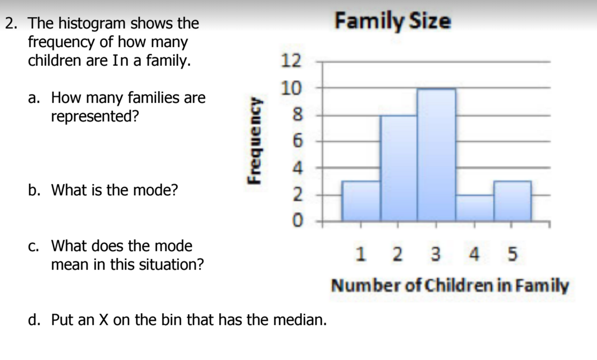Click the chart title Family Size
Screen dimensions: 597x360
coord(393,22)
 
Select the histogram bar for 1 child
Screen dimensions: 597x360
coord(361,201)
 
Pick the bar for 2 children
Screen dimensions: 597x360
coord(399,168)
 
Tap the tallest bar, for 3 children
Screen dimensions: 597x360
coord(436,155)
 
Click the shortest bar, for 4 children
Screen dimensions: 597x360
coord(475,208)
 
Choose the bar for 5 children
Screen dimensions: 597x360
coord(512,201)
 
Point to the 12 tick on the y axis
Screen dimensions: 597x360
coord(291,61)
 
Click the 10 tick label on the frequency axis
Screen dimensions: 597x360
coord(291,88)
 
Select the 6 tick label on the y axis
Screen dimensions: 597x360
coord(298,141)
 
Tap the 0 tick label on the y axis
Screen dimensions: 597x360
coord(298,220)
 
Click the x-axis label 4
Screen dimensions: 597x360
coord(474,254)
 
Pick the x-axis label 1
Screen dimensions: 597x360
coord(361,254)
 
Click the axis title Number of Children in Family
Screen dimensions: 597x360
coord(450,285)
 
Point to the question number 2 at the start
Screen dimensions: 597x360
coord(11,23)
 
